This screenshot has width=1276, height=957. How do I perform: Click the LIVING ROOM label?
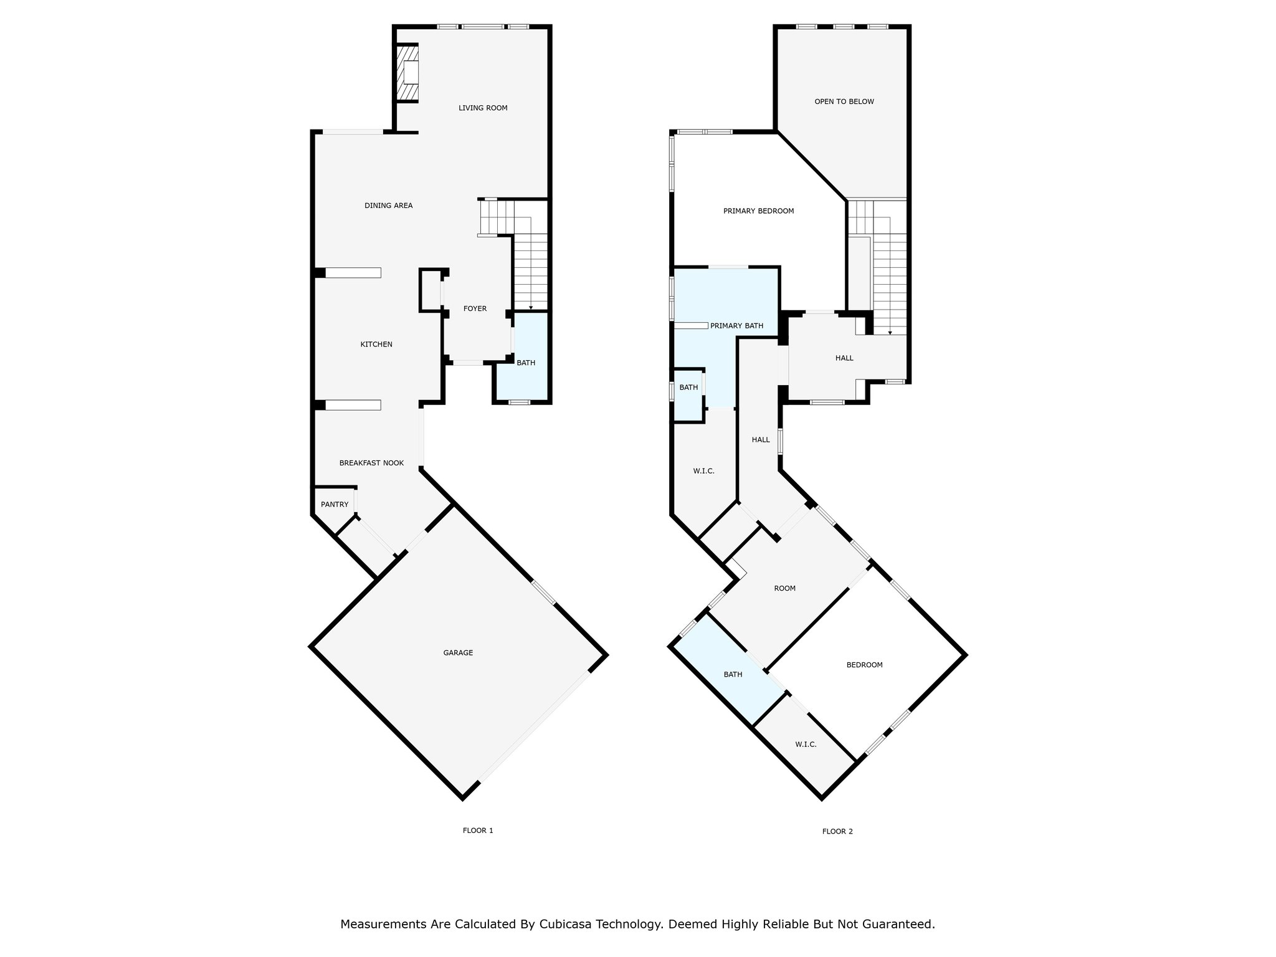(x=483, y=108)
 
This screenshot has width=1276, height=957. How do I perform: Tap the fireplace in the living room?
(x=409, y=73)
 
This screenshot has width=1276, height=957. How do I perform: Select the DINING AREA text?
(x=388, y=206)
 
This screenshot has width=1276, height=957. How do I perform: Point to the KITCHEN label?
(x=376, y=345)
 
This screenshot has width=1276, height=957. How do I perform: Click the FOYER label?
(x=475, y=308)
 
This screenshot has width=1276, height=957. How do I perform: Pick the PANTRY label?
(x=335, y=504)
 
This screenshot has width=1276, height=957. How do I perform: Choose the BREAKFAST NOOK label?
(x=371, y=463)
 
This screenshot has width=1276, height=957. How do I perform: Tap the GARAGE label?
(x=458, y=653)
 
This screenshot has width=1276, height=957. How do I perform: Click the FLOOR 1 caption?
(x=478, y=831)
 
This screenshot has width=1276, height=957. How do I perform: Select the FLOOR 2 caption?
(x=837, y=831)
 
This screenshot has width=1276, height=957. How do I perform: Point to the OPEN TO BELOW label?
(x=844, y=102)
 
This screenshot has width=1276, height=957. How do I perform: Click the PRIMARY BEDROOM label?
(x=758, y=211)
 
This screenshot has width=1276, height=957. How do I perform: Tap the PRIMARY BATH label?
(x=736, y=326)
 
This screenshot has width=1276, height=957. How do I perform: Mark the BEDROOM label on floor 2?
(x=864, y=665)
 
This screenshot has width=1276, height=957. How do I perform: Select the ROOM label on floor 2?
(x=784, y=588)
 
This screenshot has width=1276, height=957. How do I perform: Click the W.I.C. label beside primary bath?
(x=703, y=471)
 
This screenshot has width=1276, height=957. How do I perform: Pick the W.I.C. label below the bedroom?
(x=806, y=745)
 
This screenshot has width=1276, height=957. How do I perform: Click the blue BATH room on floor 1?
(x=525, y=363)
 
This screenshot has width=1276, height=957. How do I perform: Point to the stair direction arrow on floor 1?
(x=531, y=308)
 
